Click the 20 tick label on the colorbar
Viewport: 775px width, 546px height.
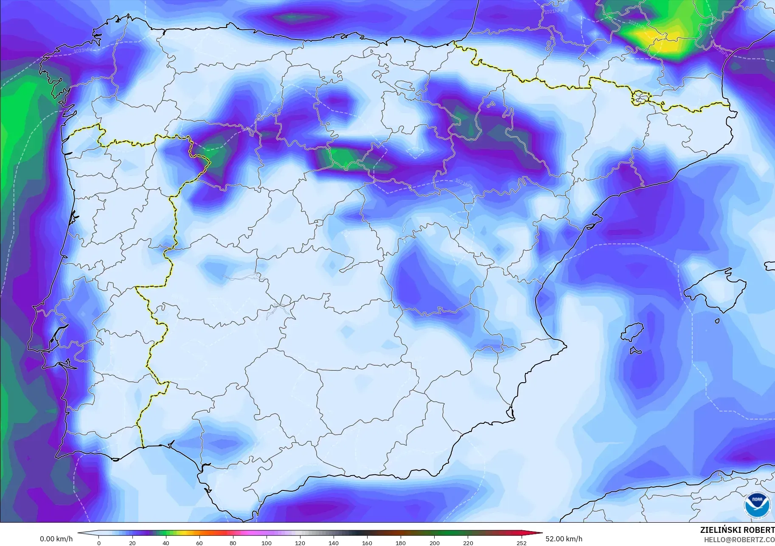[132, 543]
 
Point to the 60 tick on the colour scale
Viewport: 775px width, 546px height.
[199, 543]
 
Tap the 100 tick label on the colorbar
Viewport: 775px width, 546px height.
[267, 543]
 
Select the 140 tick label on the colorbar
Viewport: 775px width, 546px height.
[334, 543]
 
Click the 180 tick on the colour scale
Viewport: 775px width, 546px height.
[401, 543]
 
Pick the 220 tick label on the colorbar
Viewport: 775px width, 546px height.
[468, 543]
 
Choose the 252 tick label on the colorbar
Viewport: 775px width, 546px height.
[521, 543]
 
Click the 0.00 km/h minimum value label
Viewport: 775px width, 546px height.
[56, 539]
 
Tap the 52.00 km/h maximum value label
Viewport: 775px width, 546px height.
[564, 539]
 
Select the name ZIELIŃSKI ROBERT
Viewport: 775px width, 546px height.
[737, 530]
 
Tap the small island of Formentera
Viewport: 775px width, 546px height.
[635, 351]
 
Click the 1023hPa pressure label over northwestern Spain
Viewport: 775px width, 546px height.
[83, 50]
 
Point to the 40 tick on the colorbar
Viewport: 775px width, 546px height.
[166, 543]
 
